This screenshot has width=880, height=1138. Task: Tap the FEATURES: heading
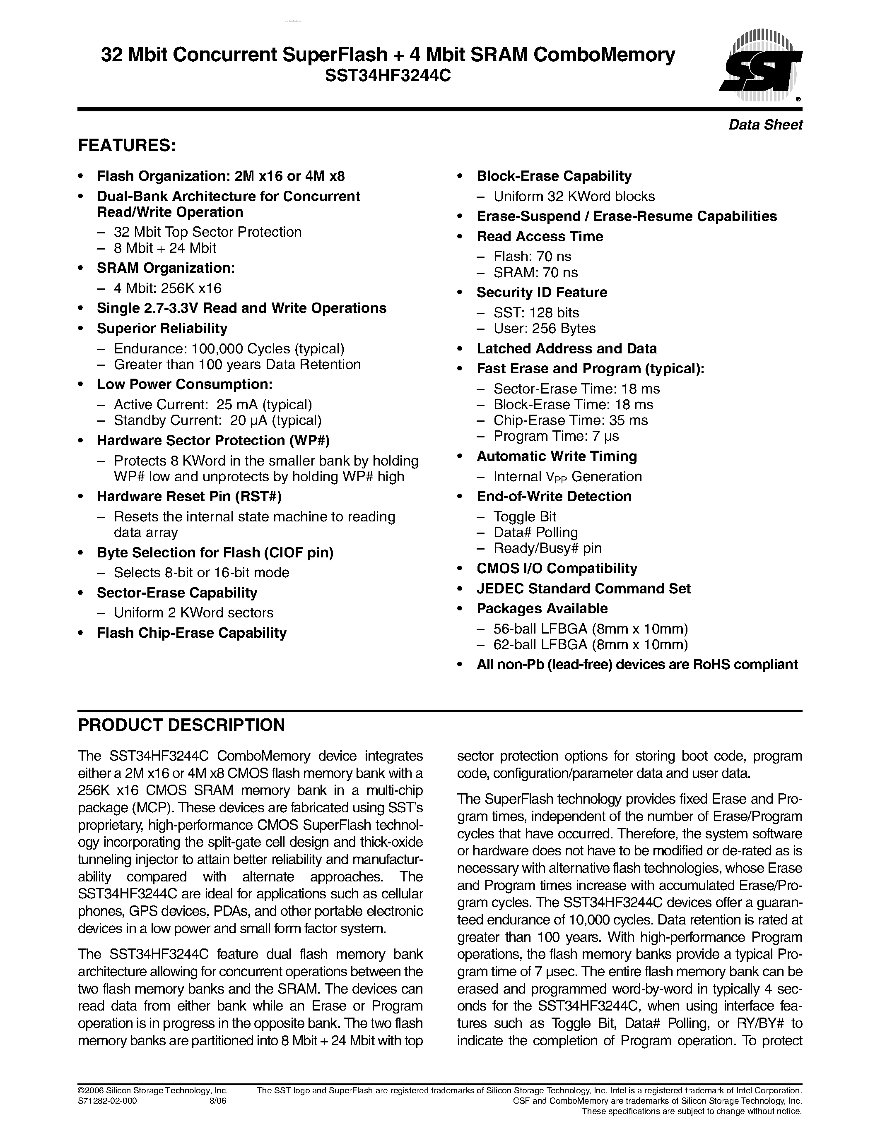pyautogui.click(x=127, y=145)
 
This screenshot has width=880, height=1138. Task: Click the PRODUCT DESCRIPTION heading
pyautogui.click(x=181, y=725)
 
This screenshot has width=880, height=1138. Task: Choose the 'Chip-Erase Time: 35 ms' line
pyautogui.click(x=570, y=420)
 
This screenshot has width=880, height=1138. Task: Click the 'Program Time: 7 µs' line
pyautogui.click(x=556, y=436)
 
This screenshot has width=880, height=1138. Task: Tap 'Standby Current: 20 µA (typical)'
pyautogui.click(x=217, y=420)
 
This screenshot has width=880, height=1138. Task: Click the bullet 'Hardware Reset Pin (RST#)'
pyautogui.click(x=189, y=497)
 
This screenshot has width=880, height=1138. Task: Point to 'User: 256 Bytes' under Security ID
pyautogui.click(x=544, y=328)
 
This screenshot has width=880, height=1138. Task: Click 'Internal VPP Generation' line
pyautogui.click(x=567, y=477)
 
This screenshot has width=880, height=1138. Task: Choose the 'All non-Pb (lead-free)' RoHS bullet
pyautogui.click(x=637, y=664)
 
